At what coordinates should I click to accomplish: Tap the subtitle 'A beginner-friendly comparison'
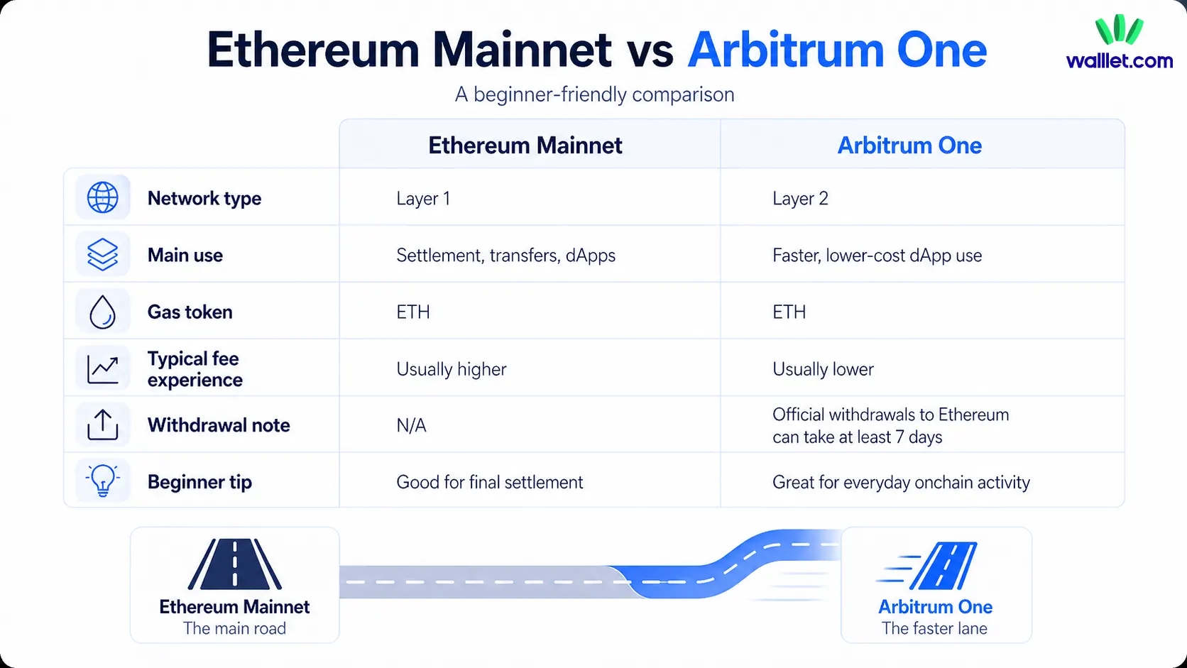point(594,94)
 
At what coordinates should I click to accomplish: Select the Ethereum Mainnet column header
point(525,146)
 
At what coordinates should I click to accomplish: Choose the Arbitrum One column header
point(909,146)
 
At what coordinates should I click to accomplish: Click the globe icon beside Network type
point(103,197)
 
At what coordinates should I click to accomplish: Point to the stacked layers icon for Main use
point(103,254)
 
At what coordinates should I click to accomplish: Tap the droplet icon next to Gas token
point(103,312)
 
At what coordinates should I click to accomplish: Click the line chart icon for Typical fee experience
point(103,368)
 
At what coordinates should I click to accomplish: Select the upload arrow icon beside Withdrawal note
point(103,425)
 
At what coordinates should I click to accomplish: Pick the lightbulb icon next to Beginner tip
point(103,481)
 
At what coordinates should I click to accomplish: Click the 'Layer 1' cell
point(423,199)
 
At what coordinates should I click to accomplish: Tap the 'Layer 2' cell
point(800,199)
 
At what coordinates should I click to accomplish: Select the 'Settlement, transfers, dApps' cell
point(505,256)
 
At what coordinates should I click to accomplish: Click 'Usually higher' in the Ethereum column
point(452,369)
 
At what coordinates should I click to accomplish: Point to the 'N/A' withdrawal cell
point(411,425)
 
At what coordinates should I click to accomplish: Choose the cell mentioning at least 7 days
point(890,425)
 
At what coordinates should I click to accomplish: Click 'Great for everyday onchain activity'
point(901,483)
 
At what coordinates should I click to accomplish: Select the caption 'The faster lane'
point(934,628)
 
